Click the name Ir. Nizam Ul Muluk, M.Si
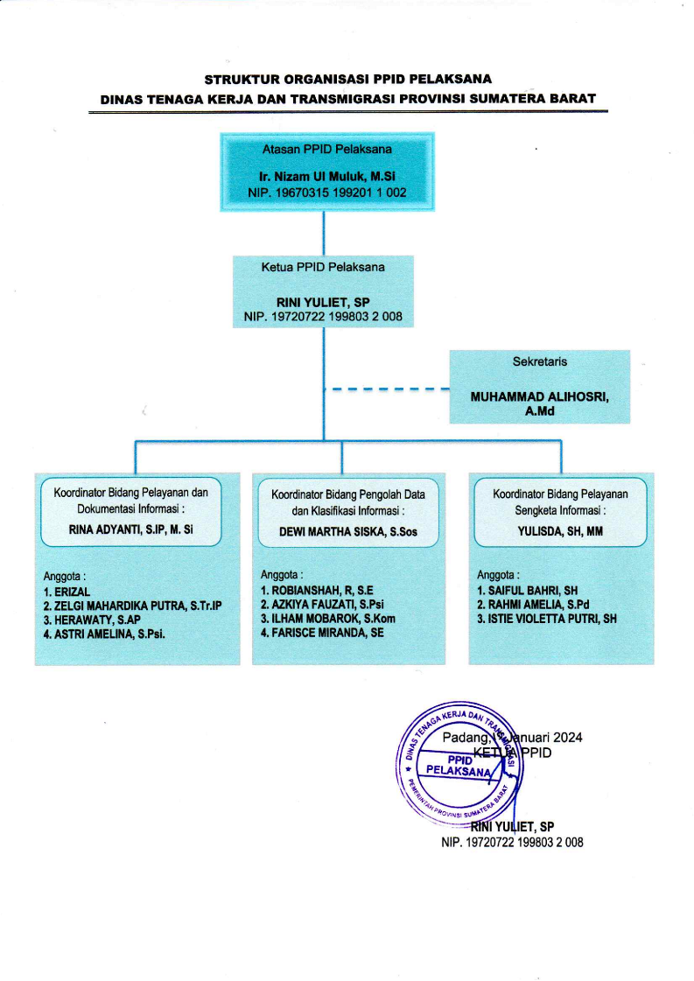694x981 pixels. [x=326, y=175]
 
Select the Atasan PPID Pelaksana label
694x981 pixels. [x=326, y=149]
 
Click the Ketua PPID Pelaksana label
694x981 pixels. [x=324, y=264]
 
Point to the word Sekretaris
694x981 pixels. [x=540, y=361]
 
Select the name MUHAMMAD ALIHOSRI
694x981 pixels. [x=540, y=396]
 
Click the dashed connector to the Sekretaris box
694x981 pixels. [x=386, y=388]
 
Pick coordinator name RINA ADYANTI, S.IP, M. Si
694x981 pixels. [x=130, y=529]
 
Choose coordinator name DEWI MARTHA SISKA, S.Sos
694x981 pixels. [x=348, y=529]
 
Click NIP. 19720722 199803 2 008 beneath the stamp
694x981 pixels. [x=512, y=843]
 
